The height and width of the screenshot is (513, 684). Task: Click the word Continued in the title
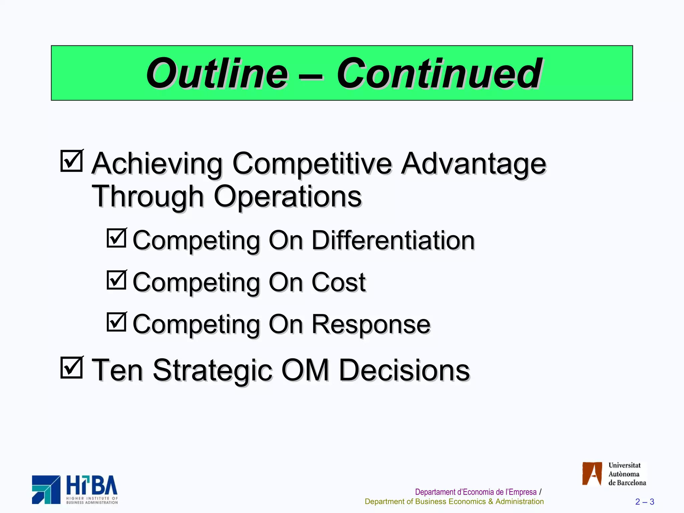pyautogui.click(x=439, y=73)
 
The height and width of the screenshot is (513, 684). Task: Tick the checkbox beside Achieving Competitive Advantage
pyautogui.click(x=71, y=161)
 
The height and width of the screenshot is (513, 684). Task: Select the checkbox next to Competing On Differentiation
pyautogui.click(x=117, y=238)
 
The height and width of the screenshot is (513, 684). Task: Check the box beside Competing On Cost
pyautogui.click(x=117, y=280)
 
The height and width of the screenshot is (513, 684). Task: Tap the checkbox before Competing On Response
pyautogui.click(x=117, y=322)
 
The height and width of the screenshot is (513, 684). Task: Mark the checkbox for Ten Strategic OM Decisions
pyautogui.click(x=71, y=368)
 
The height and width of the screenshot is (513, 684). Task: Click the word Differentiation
pyautogui.click(x=393, y=240)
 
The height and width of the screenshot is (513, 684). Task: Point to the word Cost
pyautogui.click(x=338, y=283)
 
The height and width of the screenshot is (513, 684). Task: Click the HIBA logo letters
pyautogui.click(x=92, y=486)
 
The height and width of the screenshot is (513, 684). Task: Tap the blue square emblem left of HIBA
pyautogui.click(x=46, y=490)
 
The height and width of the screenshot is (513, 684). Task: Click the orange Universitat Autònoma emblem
pyautogui.click(x=592, y=474)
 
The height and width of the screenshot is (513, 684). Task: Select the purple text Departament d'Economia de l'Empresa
pyautogui.click(x=475, y=492)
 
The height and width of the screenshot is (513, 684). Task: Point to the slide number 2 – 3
pyautogui.click(x=644, y=502)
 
